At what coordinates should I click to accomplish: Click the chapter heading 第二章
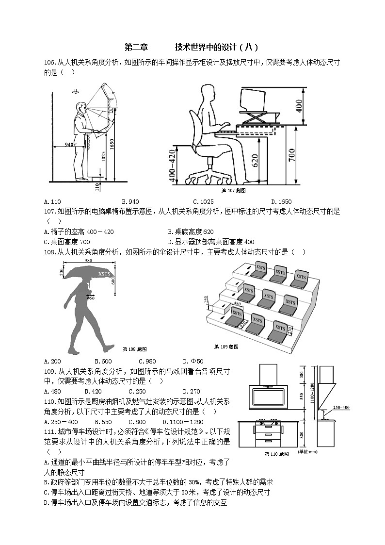click(136, 47)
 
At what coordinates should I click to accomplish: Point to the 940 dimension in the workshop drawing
click(69, 144)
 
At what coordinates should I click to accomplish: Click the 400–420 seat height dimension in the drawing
click(172, 165)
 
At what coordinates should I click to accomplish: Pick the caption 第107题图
click(233, 191)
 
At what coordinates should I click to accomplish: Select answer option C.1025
click(203, 201)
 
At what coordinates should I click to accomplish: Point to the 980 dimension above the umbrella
click(88, 261)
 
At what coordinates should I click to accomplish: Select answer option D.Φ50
click(193, 361)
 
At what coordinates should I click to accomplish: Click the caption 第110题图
click(277, 454)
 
